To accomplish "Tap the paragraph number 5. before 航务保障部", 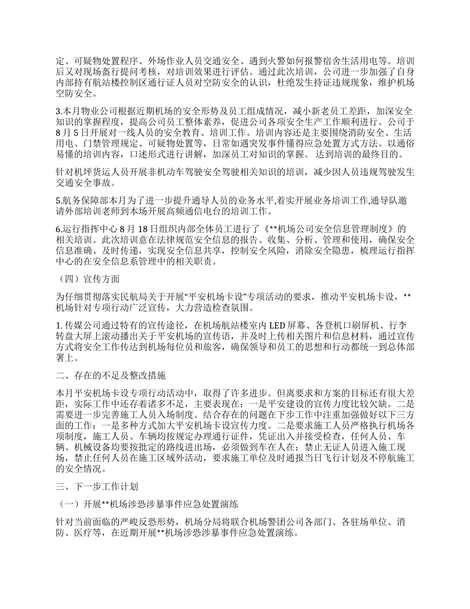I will click(x=58, y=201).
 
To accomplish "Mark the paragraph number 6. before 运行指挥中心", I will click(x=58, y=229).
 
